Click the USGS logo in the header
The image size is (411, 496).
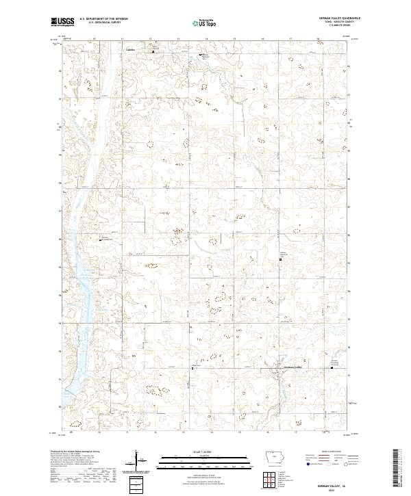[x=62, y=23]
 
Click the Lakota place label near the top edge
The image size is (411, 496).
[x=129, y=50]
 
